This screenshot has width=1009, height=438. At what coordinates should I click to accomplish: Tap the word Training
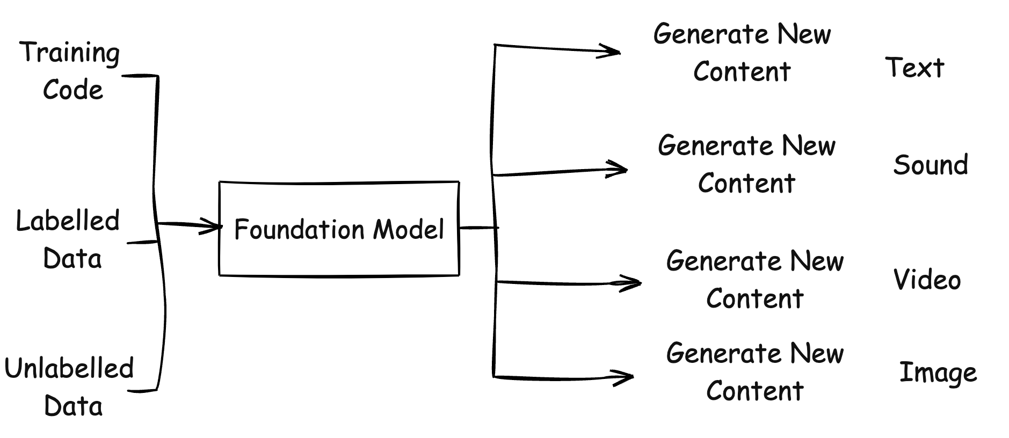point(70,53)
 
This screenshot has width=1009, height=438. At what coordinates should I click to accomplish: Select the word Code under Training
point(72,90)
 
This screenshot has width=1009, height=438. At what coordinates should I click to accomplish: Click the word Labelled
point(68,221)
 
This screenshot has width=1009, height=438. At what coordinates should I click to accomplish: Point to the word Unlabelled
point(69,368)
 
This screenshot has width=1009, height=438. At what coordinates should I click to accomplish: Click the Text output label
point(914,68)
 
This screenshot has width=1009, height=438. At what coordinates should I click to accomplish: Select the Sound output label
point(931,164)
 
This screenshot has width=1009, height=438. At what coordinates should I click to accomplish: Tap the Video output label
point(927,280)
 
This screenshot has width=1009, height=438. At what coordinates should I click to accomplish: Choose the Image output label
point(938,373)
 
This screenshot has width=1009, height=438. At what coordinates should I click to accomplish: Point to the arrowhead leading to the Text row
point(610,52)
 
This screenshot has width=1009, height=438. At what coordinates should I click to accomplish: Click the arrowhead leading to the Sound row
point(618,170)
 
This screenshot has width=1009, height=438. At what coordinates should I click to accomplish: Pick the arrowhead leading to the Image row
point(624,377)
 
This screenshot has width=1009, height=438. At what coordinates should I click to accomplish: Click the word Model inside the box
point(409,229)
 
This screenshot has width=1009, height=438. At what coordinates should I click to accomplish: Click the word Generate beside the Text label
point(710,34)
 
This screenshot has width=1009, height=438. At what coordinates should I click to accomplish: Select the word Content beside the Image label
point(754,390)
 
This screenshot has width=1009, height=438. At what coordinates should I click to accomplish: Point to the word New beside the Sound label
point(809,146)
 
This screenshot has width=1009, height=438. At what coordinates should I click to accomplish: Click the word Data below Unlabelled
point(73,406)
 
